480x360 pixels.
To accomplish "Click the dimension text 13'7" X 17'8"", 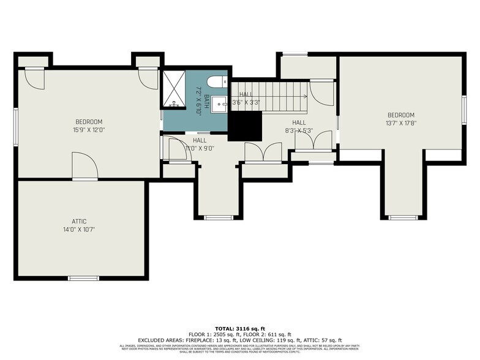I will (x=401, y=123).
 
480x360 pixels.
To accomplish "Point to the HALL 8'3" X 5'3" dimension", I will (x=298, y=130).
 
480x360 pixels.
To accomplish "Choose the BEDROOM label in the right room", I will (x=401, y=115).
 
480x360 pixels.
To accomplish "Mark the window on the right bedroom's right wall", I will (x=464, y=105).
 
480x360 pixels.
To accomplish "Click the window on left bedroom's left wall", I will (x=16, y=127).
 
